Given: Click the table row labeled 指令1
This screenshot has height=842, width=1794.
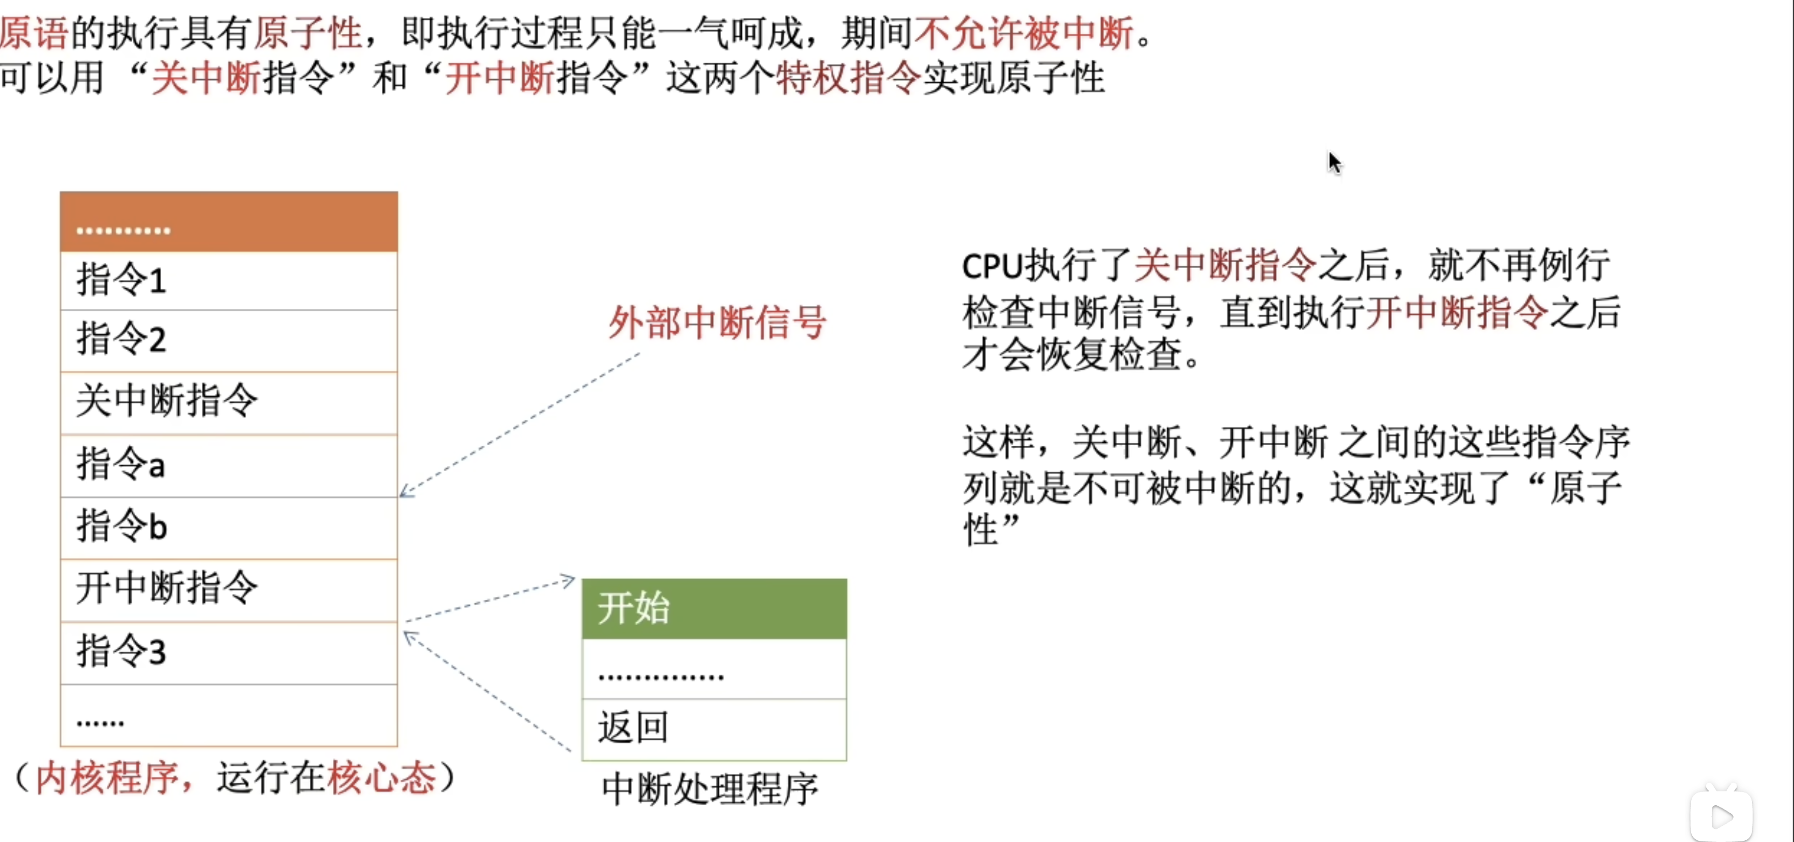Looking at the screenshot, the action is (228, 281).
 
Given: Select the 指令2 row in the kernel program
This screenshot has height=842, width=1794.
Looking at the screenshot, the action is (228, 340).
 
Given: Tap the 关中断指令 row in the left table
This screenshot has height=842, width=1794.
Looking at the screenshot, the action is (228, 402).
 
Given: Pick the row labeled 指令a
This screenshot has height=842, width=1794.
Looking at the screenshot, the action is (228, 465).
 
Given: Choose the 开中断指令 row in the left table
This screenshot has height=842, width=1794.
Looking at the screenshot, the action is (228, 588).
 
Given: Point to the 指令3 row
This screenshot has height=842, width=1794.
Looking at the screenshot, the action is (228, 652).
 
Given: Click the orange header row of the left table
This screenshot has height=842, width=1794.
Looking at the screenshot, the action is (228, 221).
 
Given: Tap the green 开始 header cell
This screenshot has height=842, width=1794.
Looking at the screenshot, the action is (714, 608).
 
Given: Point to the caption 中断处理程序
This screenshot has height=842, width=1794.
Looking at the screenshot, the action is (710, 789).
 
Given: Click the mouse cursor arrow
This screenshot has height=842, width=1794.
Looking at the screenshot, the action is (1333, 162).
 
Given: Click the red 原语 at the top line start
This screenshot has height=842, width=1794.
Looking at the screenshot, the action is (33, 33).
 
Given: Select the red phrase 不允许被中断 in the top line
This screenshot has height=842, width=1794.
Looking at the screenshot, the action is (1023, 33).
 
